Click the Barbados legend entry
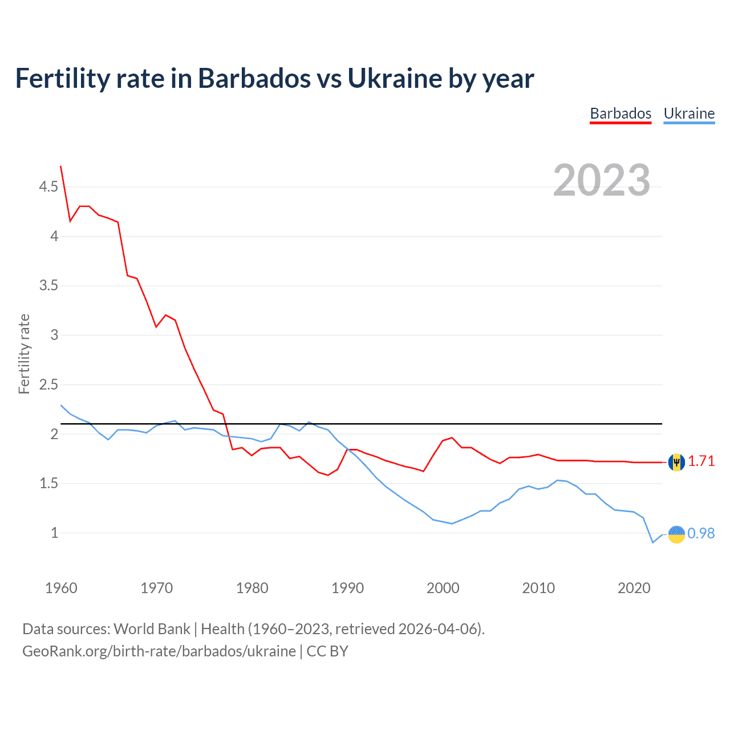[x=620, y=113]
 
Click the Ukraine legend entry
[x=689, y=113]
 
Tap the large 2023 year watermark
[x=602, y=180]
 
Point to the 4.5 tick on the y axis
[x=48, y=186]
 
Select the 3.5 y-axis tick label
[x=48, y=285]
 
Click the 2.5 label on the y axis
[x=48, y=384]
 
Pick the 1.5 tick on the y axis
[x=48, y=483]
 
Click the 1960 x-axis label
[x=61, y=588]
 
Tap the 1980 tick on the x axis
[x=252, y=588]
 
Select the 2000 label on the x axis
[x=443, y=588]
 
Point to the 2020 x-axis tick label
[x=634, y=588]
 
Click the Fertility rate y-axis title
[x=24, y=354]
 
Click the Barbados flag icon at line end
[x=676, y=462]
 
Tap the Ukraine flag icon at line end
[x=676, y=534]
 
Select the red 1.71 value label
[x=701, y=461]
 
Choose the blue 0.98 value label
[x=701, y=533]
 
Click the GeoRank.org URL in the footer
[x=159, y=651]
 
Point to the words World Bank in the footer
[x=152, y=629]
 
